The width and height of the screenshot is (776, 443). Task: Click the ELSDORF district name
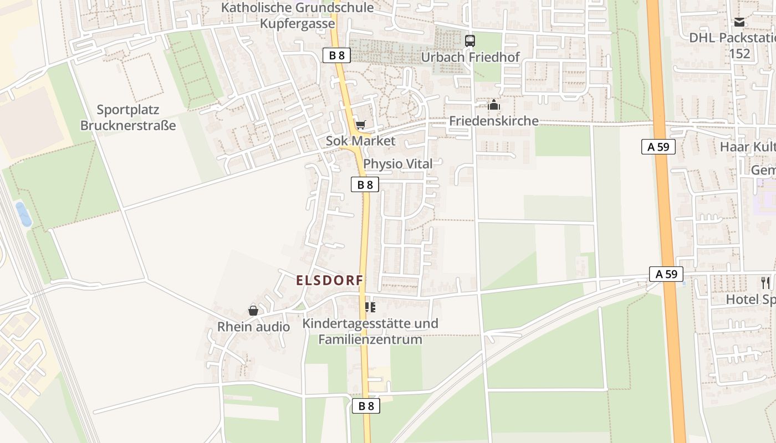(x=330, y=280)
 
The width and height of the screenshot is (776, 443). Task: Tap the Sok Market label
(x=360, y=141)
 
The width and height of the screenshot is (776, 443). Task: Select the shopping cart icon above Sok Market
(x=360, y=125)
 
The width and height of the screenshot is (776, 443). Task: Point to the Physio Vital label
(x=397, y=164)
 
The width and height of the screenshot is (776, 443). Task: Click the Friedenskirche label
(x=493, y=121)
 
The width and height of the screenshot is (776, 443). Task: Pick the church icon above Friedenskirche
(x=493, y=105)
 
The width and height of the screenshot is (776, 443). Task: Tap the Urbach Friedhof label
(x=470, y=57)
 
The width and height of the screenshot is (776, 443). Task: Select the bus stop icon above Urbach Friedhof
(x=470, y=40)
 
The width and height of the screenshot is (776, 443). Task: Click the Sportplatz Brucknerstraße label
(x=128, y=117)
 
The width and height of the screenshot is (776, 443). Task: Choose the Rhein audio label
(x=253, y=327)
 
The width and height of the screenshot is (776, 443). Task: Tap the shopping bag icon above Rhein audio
(x=253, y=311)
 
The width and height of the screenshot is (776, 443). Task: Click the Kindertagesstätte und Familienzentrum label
(x=370, y=331)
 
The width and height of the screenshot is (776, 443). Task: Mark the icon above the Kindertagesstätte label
(x=370, y=307)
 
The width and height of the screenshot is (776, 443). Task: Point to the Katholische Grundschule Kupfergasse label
(x=298, y=16)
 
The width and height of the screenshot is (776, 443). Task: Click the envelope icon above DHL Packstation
(x=739, y=22)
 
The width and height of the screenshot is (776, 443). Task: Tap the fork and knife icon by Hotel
(x=765, y=283)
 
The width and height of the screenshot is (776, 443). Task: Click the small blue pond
(x=23, y=214)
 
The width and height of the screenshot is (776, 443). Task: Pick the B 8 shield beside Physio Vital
(x=365, y=185)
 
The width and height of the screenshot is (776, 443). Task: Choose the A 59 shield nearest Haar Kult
(x=658, y=147)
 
